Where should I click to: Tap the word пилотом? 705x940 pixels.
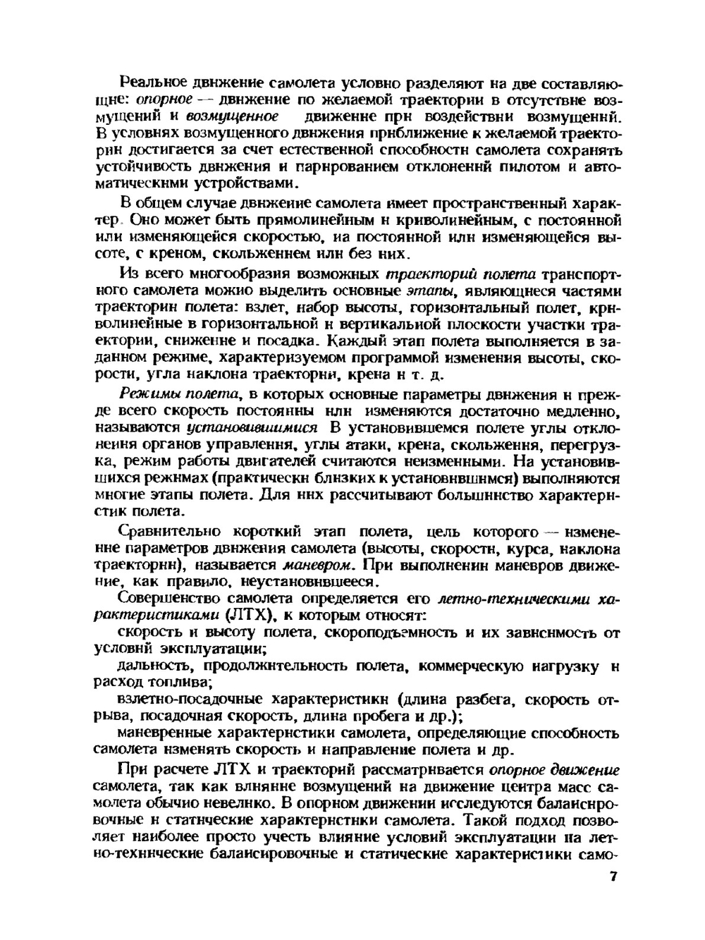[x=529, y=167]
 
